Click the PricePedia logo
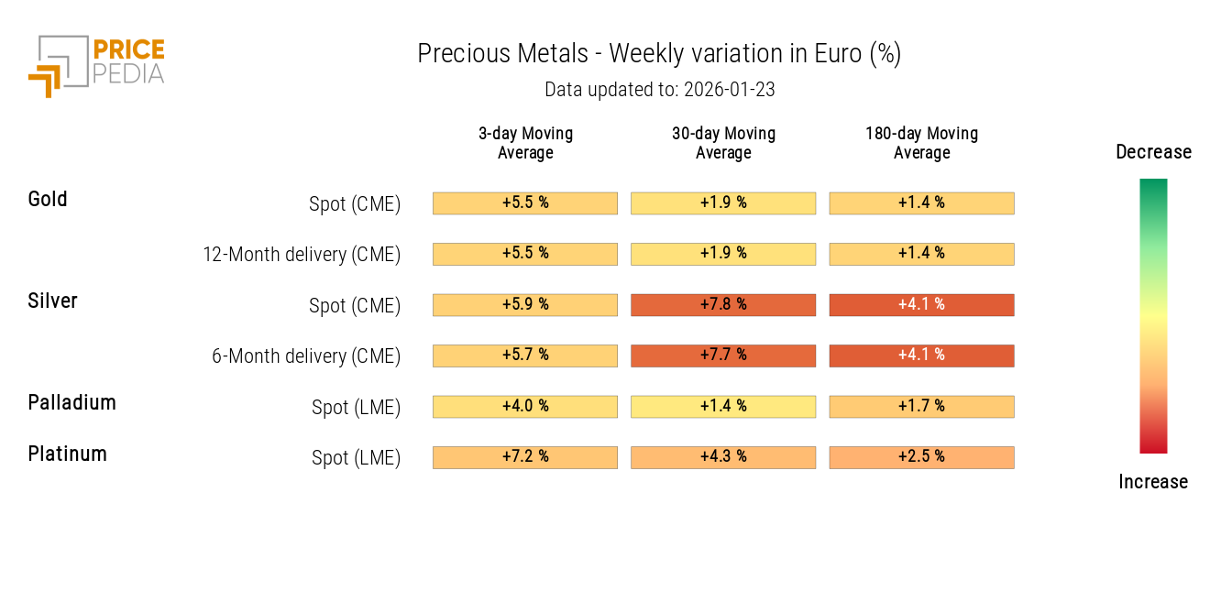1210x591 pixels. tap(96, 65)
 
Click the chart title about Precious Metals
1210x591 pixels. tap(659, 54)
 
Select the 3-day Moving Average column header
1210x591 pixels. tap(525, 143)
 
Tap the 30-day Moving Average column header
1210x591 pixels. tap(723, 143)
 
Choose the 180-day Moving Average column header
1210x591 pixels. tap(921, 143)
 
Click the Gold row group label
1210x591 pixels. tap(48, 200)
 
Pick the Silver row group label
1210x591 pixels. tap(52, 301)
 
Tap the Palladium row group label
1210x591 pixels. tap(71, 403)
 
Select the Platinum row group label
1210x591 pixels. tap(67, 454)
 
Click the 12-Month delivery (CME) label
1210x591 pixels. tap(302, 255)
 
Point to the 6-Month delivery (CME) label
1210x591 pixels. tap(306, 356)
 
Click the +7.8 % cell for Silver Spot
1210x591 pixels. tap(723, 305)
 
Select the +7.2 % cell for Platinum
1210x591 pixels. tap(525, 457)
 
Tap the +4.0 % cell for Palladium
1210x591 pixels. tap(525, 407)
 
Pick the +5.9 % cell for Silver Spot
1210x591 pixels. tap(525, 305)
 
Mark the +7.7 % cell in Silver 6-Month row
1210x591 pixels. tap(723, 356)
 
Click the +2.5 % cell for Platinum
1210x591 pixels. tap(921, 457)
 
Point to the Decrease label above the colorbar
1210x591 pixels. tap(1153, 152)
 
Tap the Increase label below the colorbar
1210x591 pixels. tap(1153, 482)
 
